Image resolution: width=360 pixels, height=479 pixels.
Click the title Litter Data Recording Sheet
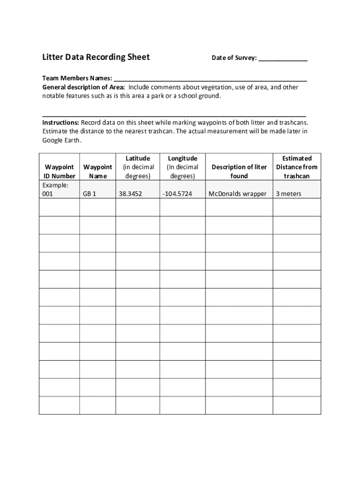coord(96,57)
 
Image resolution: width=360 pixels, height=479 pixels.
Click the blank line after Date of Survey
coord(283,59)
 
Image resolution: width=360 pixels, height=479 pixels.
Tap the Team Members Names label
coord(77,78)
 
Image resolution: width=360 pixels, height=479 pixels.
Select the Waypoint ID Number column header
coord(59,171)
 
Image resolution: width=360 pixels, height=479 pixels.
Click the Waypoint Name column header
coord(98,171)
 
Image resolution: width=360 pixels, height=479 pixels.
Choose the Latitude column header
coord(138,167)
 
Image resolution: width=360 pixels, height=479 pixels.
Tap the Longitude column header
coord(183,167)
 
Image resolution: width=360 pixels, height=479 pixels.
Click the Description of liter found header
coord(239,171)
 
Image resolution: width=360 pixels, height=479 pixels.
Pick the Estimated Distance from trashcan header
coord(297,167)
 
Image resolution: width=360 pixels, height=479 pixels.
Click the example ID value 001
coord(48,194)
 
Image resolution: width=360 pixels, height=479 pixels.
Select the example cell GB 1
coord(89,194)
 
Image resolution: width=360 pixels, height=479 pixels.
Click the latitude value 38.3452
coord(131,194)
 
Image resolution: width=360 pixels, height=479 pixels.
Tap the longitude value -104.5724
coord(177,194)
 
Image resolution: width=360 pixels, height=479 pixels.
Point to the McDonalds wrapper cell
coord(238,194)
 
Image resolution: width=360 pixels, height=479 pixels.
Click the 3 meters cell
coord(288,194)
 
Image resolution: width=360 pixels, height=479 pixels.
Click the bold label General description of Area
coord(84,87)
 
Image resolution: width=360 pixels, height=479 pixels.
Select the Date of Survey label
coord(234,58)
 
